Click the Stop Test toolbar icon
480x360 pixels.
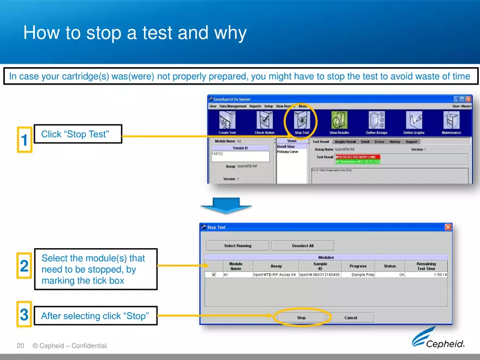[302, 121]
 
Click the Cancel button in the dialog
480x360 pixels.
[351, 317]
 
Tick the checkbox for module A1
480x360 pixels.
[214, 275]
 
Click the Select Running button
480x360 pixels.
[237, 245]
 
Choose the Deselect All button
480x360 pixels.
[303, 245]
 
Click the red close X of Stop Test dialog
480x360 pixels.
[448, 227]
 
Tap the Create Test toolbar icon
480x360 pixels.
[227, 121]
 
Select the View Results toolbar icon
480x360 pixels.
[339, 121]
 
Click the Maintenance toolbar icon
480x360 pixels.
[451, 121]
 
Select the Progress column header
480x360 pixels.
[358, 266]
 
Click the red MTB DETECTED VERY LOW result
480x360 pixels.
[357, 157]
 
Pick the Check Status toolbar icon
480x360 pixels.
[265, 121]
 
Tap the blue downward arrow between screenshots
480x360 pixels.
[226, 206]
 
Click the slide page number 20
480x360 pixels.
[21, 346]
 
